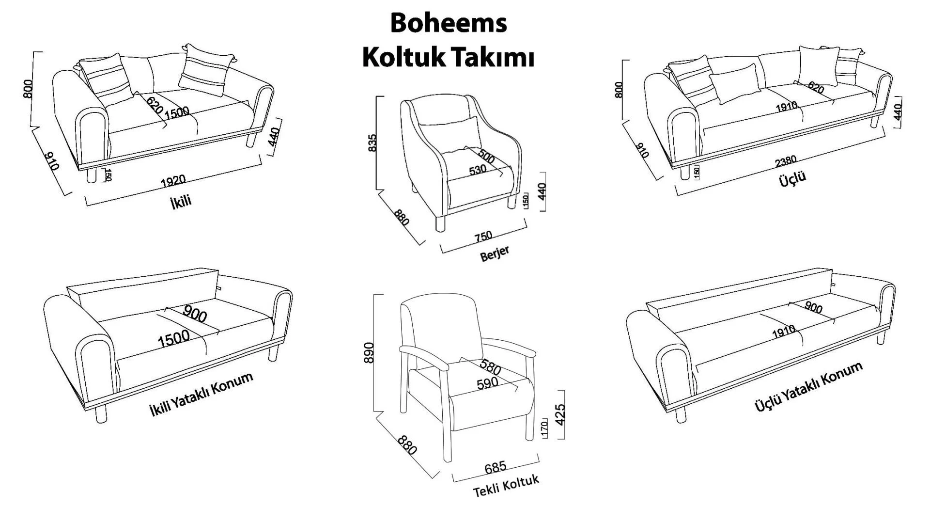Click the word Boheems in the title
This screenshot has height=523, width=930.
pos(449,23)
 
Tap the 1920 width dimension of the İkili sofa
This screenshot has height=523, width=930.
pos(173,181)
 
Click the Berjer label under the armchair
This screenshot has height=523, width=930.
pos(495,254)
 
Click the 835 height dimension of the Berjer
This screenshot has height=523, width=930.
pos(372,143)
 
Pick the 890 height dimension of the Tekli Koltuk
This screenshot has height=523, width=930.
pos(369,353)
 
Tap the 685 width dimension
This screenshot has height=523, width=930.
pos(496,467)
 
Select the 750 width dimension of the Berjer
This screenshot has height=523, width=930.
pos(483,236)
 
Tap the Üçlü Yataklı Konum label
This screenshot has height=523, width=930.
pos(808,387)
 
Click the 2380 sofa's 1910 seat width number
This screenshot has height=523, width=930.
pos(786,106)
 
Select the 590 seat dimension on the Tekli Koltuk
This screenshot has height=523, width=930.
pos(487,383)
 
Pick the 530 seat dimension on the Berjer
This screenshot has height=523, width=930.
pos(478,170)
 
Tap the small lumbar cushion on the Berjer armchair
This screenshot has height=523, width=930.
pos(450,135)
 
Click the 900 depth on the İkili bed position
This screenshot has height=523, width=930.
pos(195,315)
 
